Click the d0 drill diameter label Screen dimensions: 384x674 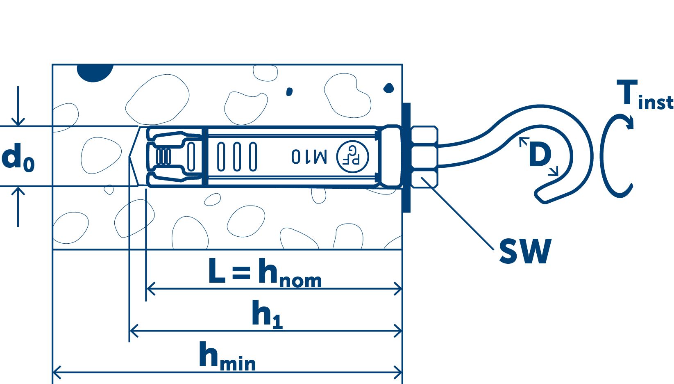(x=18, y=158)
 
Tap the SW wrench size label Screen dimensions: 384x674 (x=525, y=251)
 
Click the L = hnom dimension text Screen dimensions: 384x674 (x=264, y=273)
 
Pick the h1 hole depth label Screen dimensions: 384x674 (x=267, y=314)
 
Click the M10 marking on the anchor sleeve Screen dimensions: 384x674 (x=309, y=156)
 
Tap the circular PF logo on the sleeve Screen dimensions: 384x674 (x=352, y=156)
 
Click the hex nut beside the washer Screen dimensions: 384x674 (x=424, y=157)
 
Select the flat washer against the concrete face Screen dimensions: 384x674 (x=406, y=158)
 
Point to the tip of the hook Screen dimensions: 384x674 (x=542, y=197)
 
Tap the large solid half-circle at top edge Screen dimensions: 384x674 (x=95, y=72)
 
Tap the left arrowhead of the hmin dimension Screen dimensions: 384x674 (x=56, y=373)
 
